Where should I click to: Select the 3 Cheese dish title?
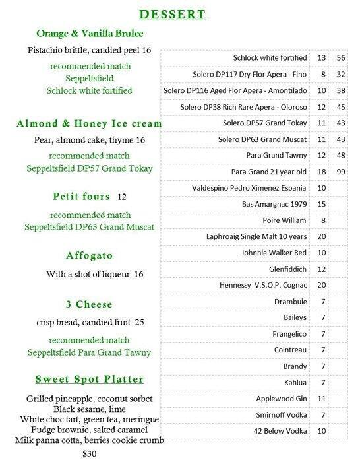pyautogui.click(x=90, y=304)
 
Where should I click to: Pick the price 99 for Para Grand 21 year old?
pyautogui.click(x=340, y=172)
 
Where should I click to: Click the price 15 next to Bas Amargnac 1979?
pyautogui.click(x=322, y=204)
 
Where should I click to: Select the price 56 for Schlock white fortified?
pyautogui.click(x=340, y=58)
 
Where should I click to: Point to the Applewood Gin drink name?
pyautogui.click(x=282, y=399)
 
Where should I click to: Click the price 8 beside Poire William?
pyautogui.click(x=322, y=220)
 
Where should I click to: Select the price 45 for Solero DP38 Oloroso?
pyautogui.click(x=340, y=107)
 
